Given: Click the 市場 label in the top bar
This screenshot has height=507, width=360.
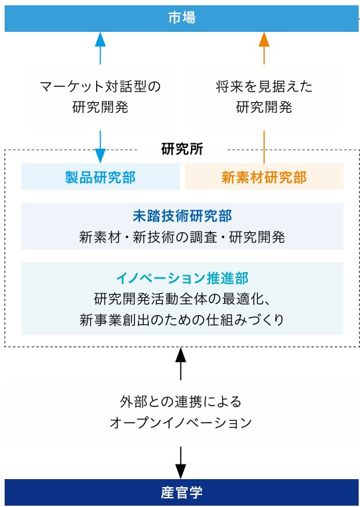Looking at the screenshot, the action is (182, 17).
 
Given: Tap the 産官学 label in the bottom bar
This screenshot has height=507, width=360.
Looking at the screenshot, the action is (182, 492).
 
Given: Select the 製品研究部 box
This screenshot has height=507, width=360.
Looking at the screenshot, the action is (100, 177).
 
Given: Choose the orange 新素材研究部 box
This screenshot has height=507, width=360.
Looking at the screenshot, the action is (264, 177).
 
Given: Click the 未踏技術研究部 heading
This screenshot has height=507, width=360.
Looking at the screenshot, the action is (182, 216).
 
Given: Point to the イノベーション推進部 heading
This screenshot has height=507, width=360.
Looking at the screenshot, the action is (182, 279).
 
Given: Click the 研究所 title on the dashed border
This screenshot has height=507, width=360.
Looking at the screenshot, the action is (182, 149).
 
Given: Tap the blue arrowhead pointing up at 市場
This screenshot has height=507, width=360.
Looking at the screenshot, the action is (101, 38).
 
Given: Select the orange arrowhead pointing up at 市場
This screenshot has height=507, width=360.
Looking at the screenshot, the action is (264, 38).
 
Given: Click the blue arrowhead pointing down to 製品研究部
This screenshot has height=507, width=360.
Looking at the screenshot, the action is (101, 156).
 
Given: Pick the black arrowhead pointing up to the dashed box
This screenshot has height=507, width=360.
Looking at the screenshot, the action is (180, 355).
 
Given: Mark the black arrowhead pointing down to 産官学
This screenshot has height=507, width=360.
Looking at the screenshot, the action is (180, 472).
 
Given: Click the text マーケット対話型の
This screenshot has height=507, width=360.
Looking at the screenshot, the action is (100, 87).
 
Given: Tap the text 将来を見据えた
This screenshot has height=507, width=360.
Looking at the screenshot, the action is (264, 87).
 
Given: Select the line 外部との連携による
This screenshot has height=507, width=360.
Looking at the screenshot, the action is (180, 402).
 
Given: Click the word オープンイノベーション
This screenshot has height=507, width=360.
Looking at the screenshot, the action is (180, 423).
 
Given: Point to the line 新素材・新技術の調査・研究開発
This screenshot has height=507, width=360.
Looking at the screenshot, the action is (182, 238).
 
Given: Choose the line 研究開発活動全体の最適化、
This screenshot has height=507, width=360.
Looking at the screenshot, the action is (182, 299).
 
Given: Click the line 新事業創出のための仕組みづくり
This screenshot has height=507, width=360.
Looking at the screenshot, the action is (182, 320).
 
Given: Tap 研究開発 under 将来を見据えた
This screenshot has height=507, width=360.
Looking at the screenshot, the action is (264, 108).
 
